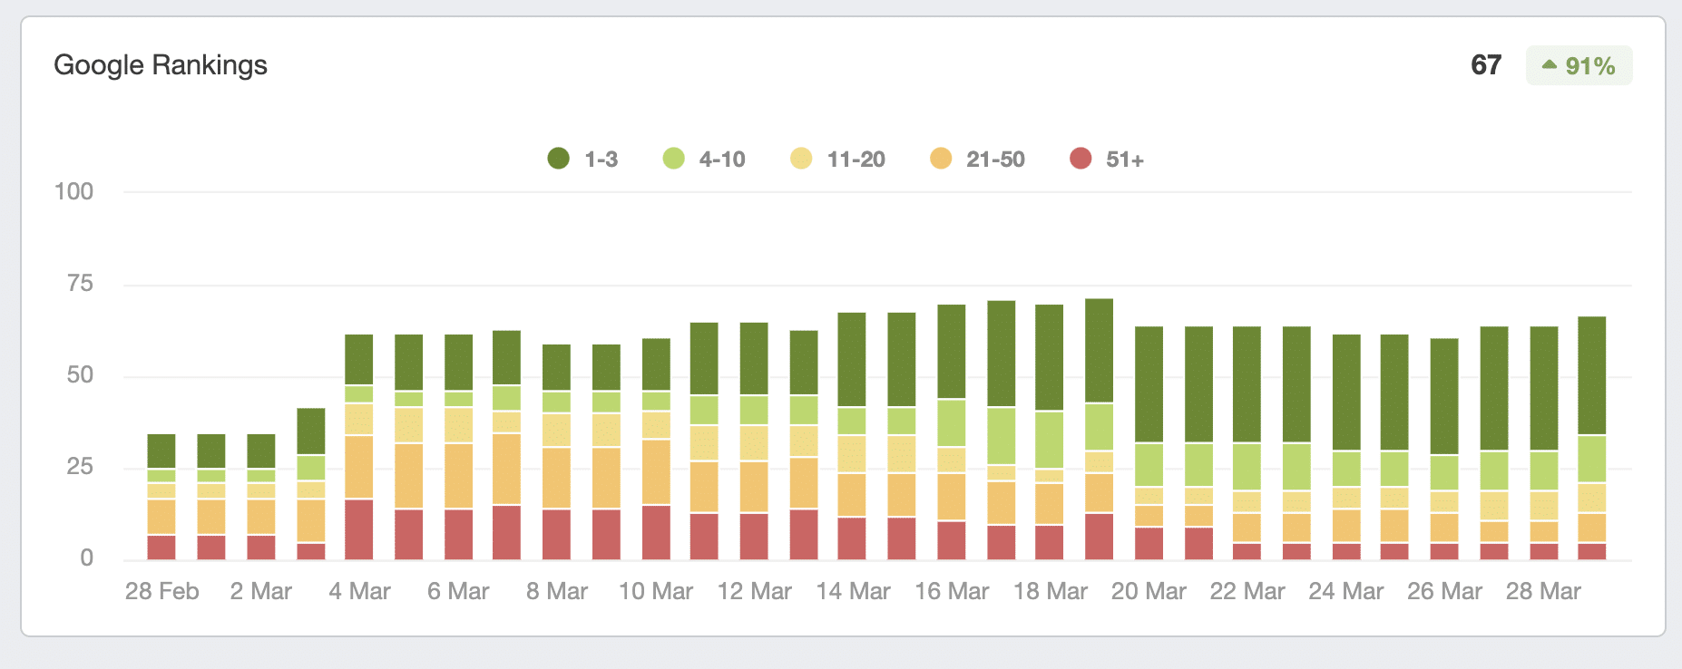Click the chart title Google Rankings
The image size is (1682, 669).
click(x=161, y=65)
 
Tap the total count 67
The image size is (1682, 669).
click(x=1486, y=65)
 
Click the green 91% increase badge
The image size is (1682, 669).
click(x=1579, y=65)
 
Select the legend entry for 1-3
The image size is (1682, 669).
click(x=583, y=160)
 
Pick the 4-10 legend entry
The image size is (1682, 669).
click(x=704, y=160)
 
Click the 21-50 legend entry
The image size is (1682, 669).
click(x=977, y=160)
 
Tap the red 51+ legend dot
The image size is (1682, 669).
click(x=1081, y=160)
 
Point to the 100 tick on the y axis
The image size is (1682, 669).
click(x=74, y=191)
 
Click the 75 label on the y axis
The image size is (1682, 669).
click(x=80, y=284)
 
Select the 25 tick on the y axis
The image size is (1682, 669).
click(x=80, y=467)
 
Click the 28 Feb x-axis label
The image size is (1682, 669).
click(x=161, y=591)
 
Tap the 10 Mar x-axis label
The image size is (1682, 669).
click(x=655, y=591)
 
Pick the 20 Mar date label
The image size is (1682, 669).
click(x=1149, y=591)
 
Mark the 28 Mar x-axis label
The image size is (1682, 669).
click(x=1542, y=591)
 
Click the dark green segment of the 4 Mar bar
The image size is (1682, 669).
click(x=359, y=360)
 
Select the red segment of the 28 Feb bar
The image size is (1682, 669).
click(x=161, y=547)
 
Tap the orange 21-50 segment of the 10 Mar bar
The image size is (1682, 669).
click(x=656, y=471)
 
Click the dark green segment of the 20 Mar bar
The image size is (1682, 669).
click(x=1149, y=384)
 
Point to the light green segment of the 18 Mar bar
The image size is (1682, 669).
click(x=1050, y=440)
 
